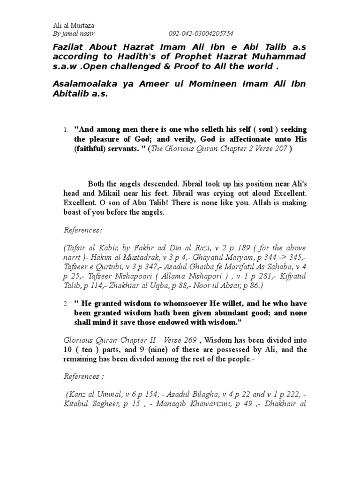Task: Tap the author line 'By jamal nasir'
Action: [70, 34]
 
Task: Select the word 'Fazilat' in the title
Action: [65, 47]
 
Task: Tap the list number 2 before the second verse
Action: [66, 304]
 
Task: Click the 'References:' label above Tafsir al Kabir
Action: [82, 230]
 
